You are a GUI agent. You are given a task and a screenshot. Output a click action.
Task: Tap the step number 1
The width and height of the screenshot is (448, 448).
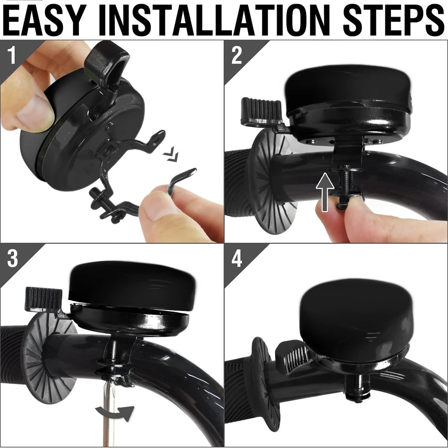tap(12, 55)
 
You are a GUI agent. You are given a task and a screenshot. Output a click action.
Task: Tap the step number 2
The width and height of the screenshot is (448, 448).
tap(236, 56)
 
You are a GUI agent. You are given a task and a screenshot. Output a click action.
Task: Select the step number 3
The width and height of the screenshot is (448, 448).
tap(12, 259)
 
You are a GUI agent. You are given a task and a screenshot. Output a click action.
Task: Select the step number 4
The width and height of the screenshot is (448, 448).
tap(236, 259)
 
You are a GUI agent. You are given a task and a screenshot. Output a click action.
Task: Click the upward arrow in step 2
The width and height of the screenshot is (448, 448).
tap(325, 192)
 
